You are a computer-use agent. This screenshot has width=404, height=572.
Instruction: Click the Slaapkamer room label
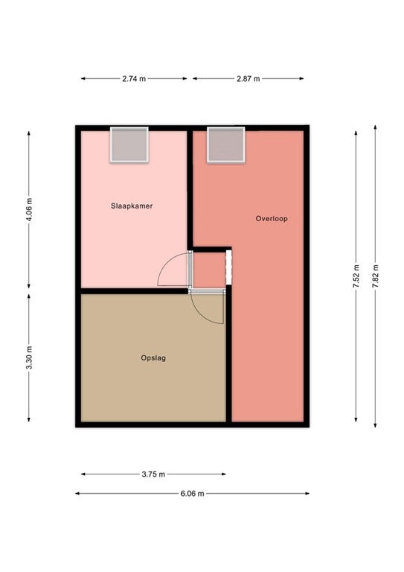point(132,206)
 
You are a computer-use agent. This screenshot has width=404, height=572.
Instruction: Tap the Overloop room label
point(272,219)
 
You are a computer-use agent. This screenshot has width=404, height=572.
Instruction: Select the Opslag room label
point(153,357)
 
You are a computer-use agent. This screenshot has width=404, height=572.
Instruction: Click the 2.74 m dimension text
point(134,79)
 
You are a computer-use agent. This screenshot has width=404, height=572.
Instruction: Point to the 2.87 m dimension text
point(248,79)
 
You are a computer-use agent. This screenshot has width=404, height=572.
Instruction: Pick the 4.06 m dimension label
point(29,210)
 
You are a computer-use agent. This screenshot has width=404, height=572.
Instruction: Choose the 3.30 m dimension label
point(29,357)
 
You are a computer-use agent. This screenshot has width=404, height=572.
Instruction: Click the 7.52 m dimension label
point(356,276)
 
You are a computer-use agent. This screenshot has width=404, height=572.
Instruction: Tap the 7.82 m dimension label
point(376,276)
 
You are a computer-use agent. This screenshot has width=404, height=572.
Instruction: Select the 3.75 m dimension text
point(153,474)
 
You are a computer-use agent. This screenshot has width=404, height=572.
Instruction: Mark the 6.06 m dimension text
point(193,494)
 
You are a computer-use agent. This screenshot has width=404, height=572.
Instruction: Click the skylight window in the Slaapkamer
point(129,144)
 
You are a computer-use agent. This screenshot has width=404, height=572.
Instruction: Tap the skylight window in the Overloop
point(226,144)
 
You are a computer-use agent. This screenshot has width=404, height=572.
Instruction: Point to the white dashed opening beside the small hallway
point(228,267)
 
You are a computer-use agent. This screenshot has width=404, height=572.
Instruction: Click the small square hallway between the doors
point(209,270)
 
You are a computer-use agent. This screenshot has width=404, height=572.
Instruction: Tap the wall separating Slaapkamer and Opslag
point(134,291)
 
